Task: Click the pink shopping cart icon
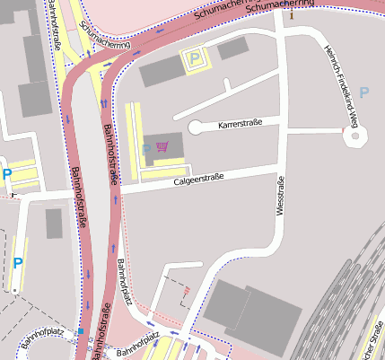click(x=162, y=147)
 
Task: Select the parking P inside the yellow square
click(x=194, y=60)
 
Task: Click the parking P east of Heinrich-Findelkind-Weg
click(x=363, y=92)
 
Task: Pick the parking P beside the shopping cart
click(x=146, y=148)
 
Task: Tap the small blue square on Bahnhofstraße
click(x=81, y=331)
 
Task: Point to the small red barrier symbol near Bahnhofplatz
click(x=186, y=291)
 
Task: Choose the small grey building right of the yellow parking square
click(x=232, y=48)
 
